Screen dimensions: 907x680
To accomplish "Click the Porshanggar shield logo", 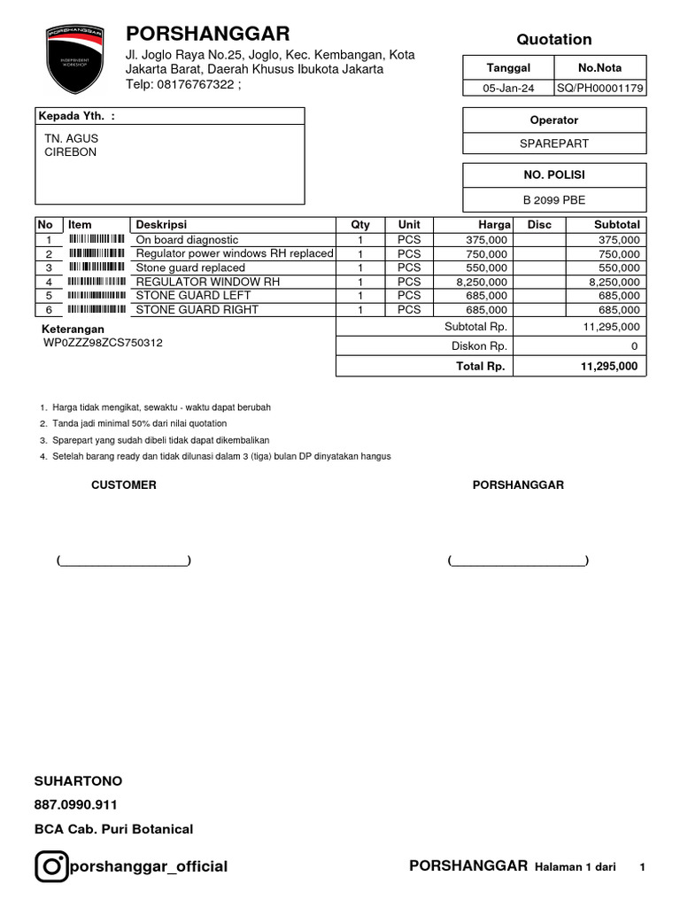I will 75,59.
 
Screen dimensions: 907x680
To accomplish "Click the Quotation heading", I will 554,39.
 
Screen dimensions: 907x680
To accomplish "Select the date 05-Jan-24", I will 508,88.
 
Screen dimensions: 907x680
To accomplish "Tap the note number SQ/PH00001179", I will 600,88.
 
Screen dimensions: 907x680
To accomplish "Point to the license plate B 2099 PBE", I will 554,199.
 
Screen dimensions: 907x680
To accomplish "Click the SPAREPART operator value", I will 554,143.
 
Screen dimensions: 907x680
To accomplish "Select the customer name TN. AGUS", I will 72,138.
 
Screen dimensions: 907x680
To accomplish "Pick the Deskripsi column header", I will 161,225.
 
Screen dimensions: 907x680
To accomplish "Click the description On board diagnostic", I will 187,240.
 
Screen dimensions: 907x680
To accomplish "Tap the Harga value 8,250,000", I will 482,282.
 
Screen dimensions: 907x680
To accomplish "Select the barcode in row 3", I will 97,267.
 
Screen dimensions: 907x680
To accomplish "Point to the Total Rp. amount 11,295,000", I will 609,366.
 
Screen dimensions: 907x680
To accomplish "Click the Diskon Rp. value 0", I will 634,346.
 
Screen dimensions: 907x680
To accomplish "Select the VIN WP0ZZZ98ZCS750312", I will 103,343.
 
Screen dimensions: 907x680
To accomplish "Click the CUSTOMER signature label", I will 124,485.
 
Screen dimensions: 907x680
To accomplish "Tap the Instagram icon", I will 51,866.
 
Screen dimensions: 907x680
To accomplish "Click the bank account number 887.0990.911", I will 75,805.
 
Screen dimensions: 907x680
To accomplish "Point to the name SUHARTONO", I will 78,781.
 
